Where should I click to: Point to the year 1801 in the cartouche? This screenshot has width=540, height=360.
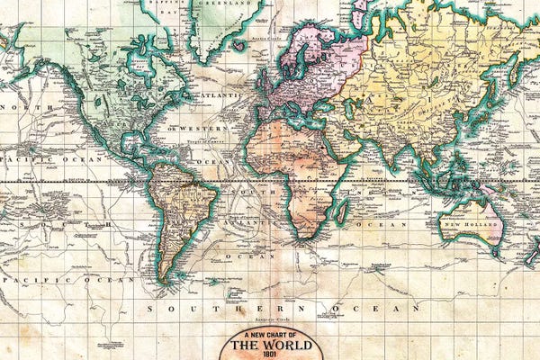[x=270, y=354]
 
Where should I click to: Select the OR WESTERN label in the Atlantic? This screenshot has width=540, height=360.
[x=185, y=128]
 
